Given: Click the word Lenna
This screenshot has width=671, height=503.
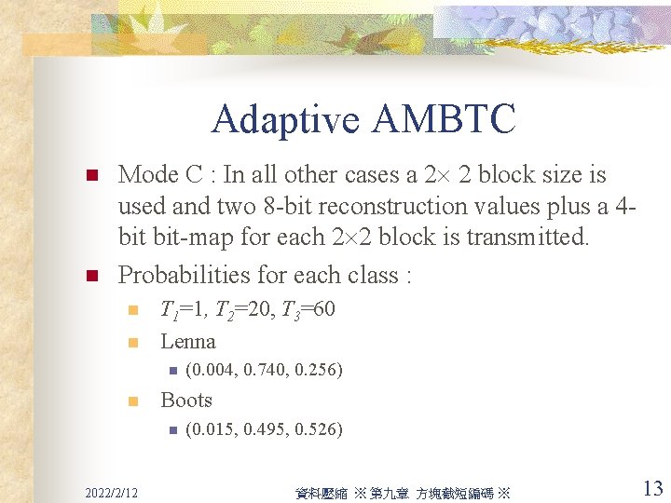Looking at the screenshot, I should tap(188, 341).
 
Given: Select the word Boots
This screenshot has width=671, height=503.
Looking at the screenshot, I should tap(186, 400).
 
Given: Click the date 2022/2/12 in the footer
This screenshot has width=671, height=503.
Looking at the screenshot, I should tap(110, 491).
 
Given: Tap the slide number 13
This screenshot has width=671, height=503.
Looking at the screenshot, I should tap(652, 488).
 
